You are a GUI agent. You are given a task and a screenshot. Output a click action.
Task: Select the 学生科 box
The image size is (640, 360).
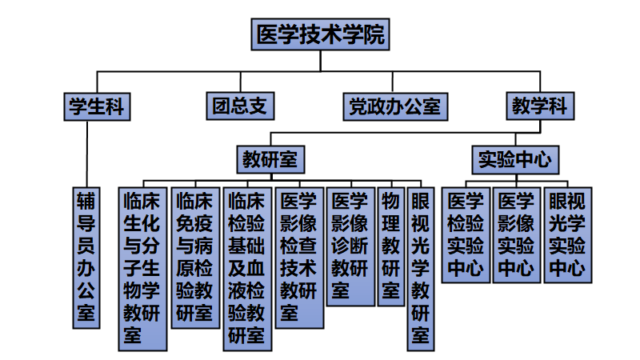pyautogui.click(x=96, y=106)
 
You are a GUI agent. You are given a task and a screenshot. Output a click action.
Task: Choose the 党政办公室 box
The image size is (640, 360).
pyautogui.click(x=394, y=106)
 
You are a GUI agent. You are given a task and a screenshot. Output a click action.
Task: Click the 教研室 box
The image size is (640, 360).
pyautogui.click(x=270, y=158)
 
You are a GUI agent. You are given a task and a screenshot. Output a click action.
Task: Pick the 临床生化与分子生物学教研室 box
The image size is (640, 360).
pyautogui.click(x=143, y=268)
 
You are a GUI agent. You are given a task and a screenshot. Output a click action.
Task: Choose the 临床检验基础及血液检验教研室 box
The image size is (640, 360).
pyautogui.click(x=246, y=268)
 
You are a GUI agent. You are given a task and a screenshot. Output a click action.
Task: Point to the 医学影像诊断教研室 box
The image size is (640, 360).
pyautogui.click(x=351, y=246)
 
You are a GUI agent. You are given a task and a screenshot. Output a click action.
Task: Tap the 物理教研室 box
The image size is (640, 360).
pyautogui.click(x=390, y=246)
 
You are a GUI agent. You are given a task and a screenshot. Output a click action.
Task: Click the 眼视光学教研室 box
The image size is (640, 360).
pyautogui.click(x=420, y=268)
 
